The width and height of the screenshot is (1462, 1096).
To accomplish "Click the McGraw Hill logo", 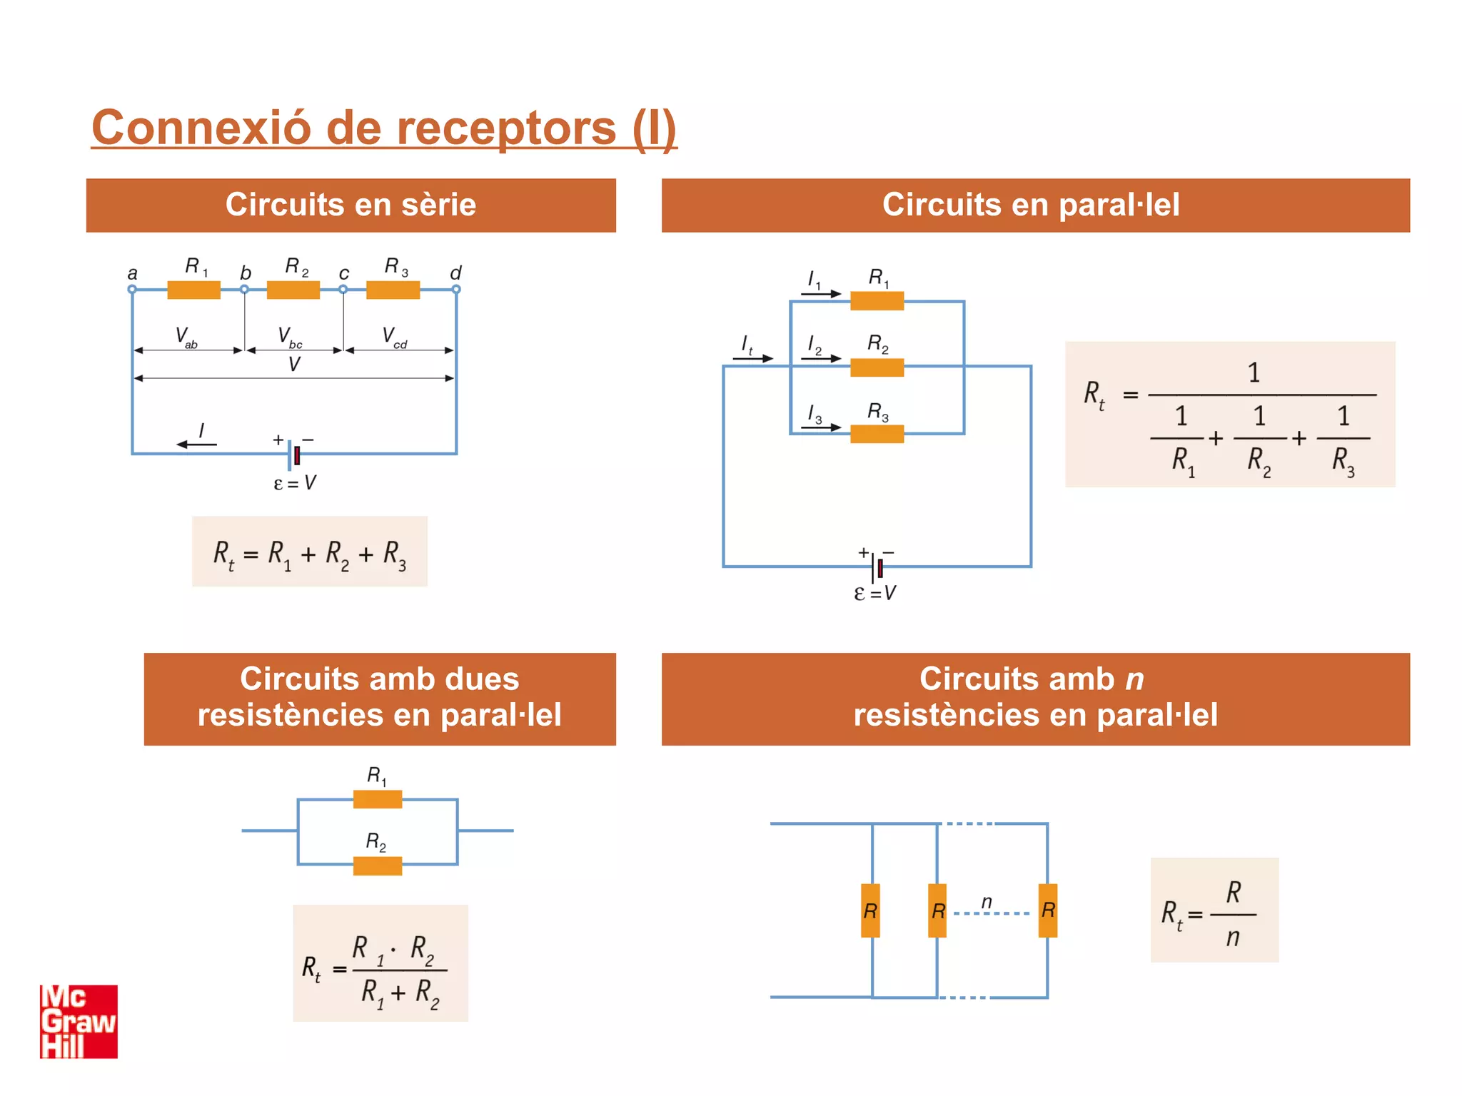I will click(x=79, y=1021).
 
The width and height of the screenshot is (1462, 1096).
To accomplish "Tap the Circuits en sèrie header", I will click(x=351, y=205).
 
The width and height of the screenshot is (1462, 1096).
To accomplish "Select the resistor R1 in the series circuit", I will click(x=193, y=290).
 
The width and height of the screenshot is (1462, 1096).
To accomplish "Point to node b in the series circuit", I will click(x=244, y=289).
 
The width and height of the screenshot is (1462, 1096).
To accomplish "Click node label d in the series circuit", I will click(x=455, y=273).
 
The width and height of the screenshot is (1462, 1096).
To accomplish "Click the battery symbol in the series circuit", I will click(x=293, y=455).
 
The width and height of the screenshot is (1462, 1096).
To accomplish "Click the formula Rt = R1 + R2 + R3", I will click(x=309, y=552).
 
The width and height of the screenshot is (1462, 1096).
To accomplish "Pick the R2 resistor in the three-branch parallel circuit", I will click(x=877, y=367).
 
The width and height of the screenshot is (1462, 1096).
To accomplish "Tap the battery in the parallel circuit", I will click(x=877, y=567).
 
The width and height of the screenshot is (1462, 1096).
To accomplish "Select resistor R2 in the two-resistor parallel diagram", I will click(x=378, y=866).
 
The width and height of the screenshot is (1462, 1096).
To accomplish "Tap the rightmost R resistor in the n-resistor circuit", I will click(x=1047, y=910).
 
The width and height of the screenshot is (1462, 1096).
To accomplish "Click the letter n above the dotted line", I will click(x=987, y=902).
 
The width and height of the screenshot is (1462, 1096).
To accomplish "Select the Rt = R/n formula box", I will click(x=1214, y=910).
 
